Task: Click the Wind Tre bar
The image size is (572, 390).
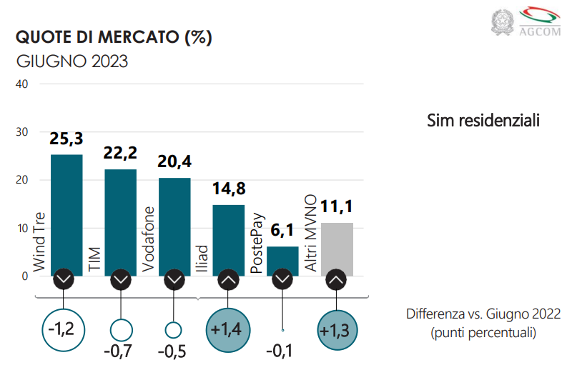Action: tap(66, 214)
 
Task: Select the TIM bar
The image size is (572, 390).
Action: tap(120, 221)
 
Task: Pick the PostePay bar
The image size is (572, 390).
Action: tap(282, 261)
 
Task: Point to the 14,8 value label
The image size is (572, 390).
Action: tap(229, 190)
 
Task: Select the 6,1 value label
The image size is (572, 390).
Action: tap(282, 231)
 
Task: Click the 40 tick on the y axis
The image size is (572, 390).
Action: tap(21, 84)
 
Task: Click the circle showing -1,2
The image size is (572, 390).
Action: tap(65, 330)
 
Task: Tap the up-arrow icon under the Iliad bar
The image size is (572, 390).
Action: tap(228, 280)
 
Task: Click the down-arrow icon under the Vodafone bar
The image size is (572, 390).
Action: tap(174, 280)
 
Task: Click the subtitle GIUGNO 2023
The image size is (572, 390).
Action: tap(71, 61)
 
